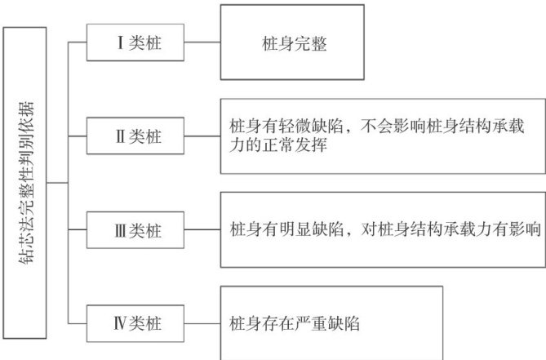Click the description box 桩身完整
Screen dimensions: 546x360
[x=291, y=42]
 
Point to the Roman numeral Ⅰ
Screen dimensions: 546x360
[x=118, y=42]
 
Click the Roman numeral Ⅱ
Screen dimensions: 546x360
[x=118, y=136]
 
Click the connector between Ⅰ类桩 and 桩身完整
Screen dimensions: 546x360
[x=202, y=42]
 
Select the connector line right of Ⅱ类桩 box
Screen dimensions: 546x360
[x=202, y=136]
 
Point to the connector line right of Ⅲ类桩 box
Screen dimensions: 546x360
[x=202, y=230]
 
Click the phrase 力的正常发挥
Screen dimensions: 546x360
[x=273, y=147]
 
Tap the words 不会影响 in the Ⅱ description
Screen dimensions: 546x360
[x=388, y=127]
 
